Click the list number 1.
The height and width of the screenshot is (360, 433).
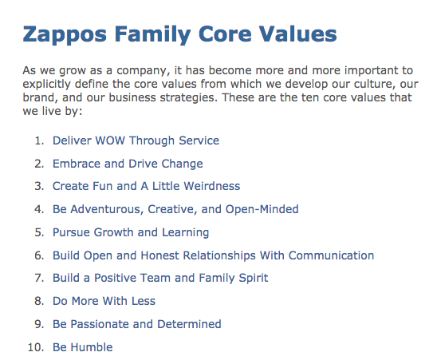tap(39, 140)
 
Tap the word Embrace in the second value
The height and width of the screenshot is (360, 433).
tap(77, 164)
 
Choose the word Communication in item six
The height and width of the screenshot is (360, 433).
tap(331, 255)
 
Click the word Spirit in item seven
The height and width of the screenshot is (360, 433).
tap(249, 279)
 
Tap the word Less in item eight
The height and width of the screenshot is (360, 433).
tap(144, 302)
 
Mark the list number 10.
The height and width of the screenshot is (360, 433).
tap(37, 347)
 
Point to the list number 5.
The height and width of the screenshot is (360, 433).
tap(39, 233)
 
